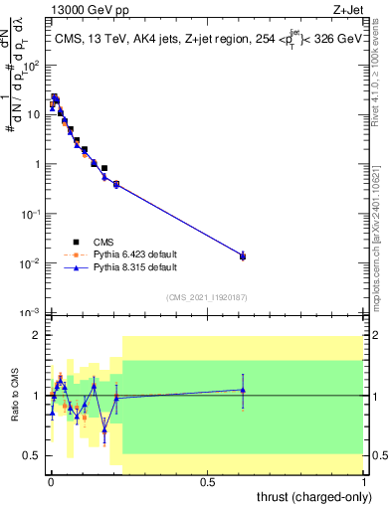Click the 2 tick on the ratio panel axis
[x=38, y=336]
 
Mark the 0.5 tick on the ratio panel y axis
[x=34, y=455]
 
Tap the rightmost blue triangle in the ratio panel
[x=243, y=390]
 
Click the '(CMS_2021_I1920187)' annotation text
[x=206, y=297]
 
